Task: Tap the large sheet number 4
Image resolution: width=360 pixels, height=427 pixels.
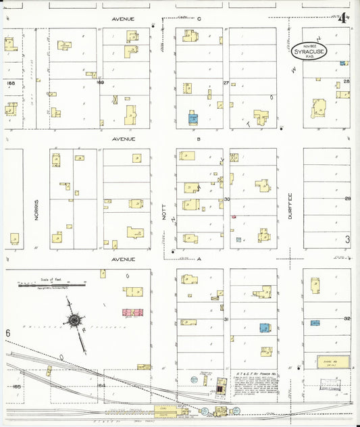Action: point(343,18)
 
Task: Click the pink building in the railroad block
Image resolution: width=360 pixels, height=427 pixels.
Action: point(132,313)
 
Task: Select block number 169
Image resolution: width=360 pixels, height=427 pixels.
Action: point(100,82)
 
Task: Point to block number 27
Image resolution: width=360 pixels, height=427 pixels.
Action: point(226,82)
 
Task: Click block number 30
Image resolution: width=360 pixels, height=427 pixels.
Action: point(227,199)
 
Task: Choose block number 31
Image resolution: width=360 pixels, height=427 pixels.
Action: point(227,319)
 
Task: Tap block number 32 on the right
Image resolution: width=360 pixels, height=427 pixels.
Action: point(347,318)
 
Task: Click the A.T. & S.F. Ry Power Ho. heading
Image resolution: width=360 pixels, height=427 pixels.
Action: point(254,372)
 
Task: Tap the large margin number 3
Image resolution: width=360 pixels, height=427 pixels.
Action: point(347,239)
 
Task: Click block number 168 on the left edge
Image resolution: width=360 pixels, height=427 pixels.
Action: point(9,83)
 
